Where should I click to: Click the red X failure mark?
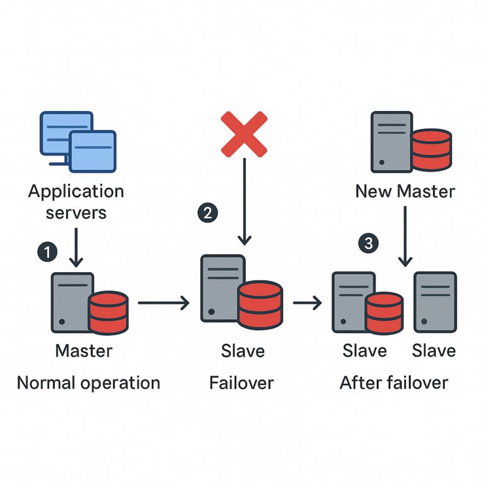[244, 134]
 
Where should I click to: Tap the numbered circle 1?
[47, 252]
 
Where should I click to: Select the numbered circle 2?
[207, 212]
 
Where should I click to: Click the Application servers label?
[76, 202]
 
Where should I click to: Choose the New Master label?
[405, 191]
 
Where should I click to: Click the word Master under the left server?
[84, 350]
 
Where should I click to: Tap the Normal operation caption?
[88, 383]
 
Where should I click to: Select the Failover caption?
[242, 383]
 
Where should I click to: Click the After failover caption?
[394, 383]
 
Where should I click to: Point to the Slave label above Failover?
[243, 350]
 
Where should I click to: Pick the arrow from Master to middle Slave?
[163, 304]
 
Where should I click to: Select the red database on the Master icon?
[108, 313]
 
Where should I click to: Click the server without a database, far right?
[435, 302]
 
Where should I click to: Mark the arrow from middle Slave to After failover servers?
[308, 304]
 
